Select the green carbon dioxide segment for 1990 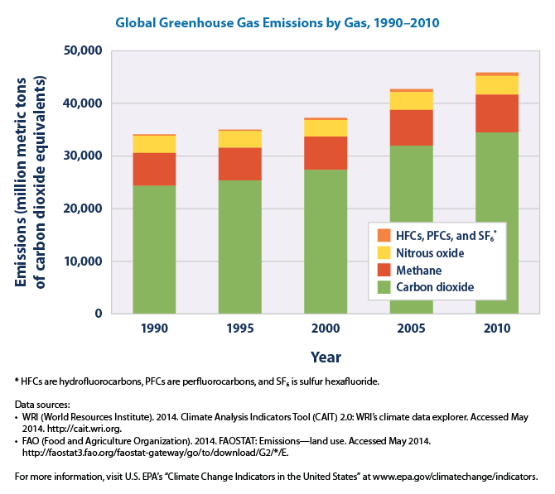154,248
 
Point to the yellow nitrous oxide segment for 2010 497,85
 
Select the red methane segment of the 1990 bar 154,169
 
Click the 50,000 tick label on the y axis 81,51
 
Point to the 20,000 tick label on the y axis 81,209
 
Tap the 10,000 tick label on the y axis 81,261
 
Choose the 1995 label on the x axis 240,329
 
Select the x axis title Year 325,357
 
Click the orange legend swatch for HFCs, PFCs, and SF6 384,235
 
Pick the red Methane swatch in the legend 384,271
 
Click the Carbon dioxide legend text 436,288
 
